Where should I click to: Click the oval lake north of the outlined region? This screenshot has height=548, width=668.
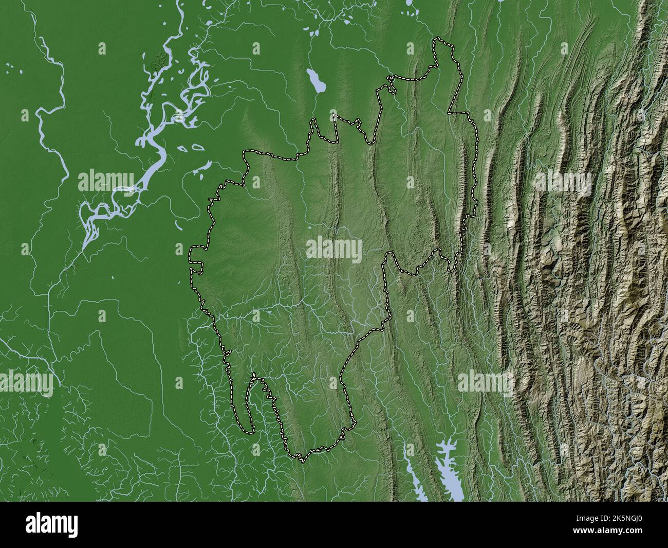[x=314, y=81]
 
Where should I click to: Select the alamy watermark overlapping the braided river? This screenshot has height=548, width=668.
[x=106, y=181]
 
